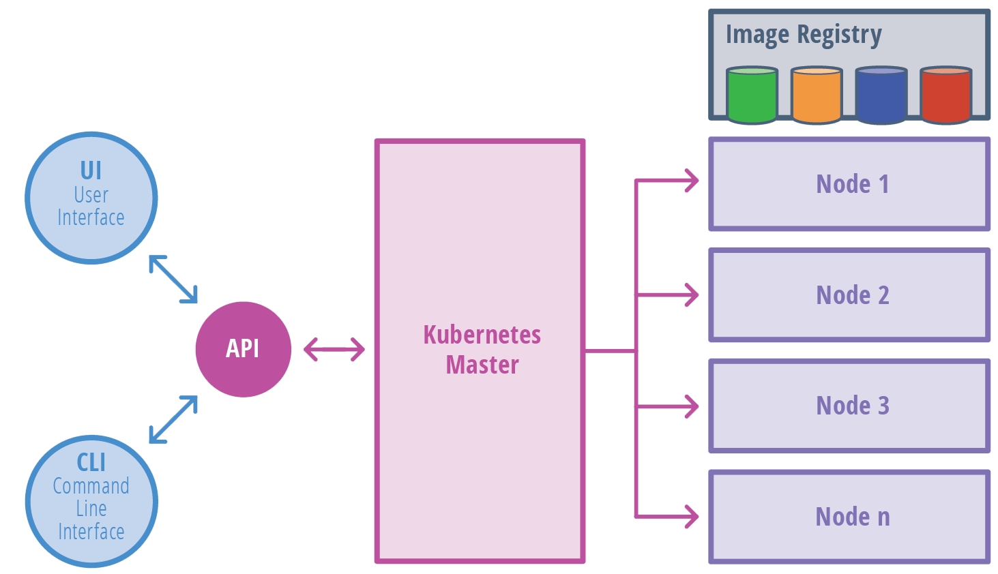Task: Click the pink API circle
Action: [244, 349]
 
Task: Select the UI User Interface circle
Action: [91, 198]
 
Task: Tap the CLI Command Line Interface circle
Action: [91, 502]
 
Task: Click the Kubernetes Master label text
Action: [482, 350]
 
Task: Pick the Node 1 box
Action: [849, 184]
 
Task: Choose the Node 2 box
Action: [849, 295]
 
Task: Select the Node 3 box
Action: [849, 406]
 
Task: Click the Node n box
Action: [849, 517]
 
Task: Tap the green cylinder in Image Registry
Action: [752, 95]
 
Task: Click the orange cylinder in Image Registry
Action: [817, 95]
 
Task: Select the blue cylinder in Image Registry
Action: [881, 95]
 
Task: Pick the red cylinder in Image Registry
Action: [946, 95]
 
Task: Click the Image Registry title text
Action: [803, 34]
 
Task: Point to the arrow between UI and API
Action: [173, 279]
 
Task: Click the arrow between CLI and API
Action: [173, 419]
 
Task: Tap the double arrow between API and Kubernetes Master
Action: [334, 350]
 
